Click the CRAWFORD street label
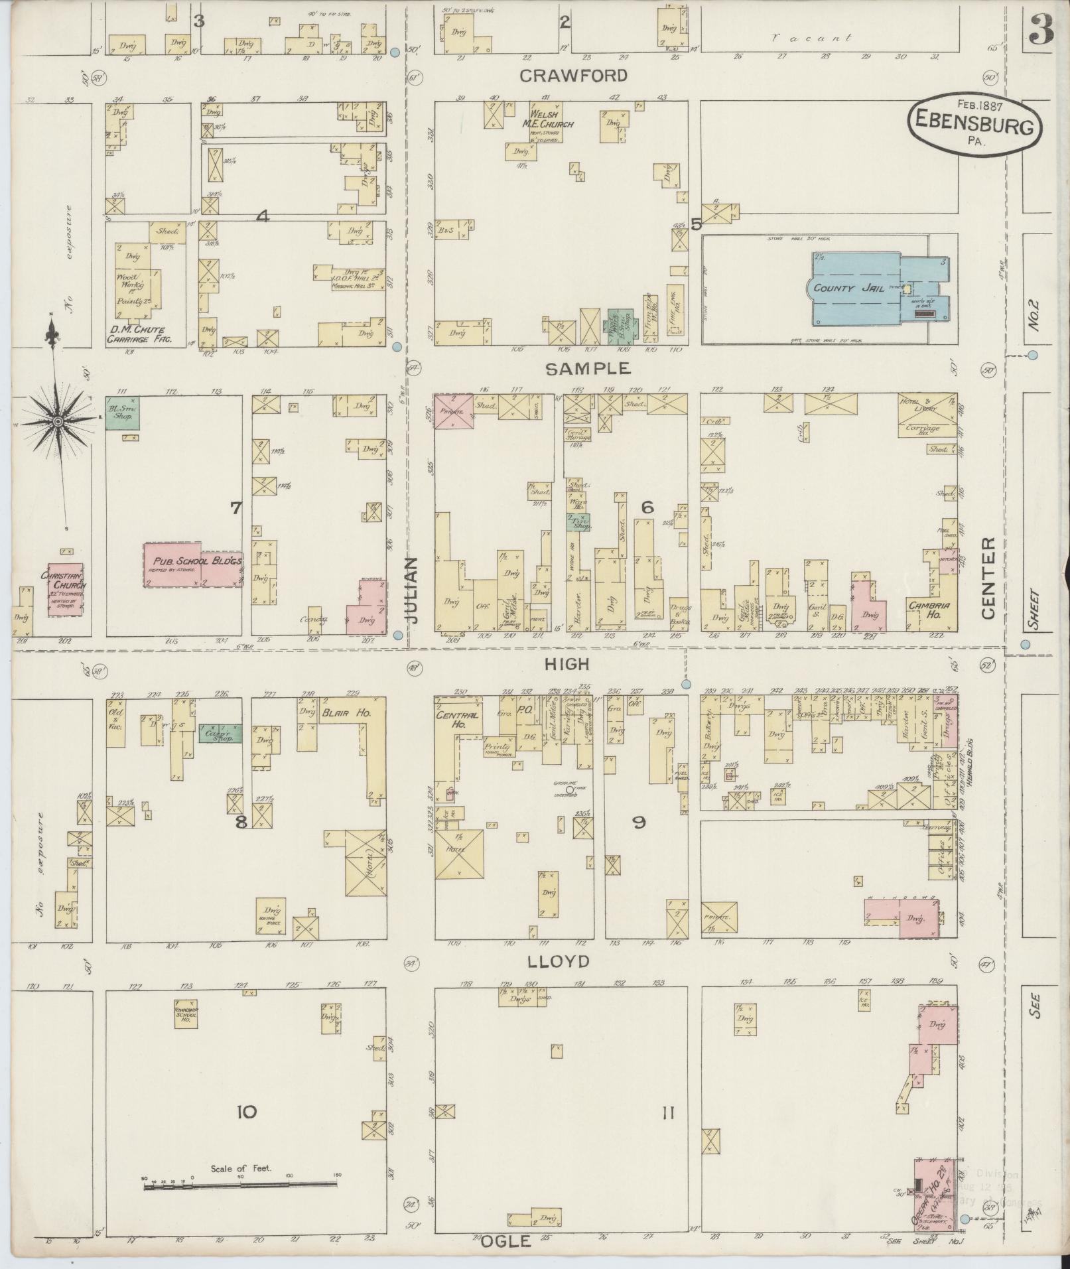click(573, 76)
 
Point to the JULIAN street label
click(413, 590)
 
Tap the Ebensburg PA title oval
click(975, 123)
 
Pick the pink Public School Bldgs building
click(192, 564)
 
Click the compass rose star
click(58, 423)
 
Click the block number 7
click(235, 507)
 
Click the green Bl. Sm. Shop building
click(123, 413)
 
